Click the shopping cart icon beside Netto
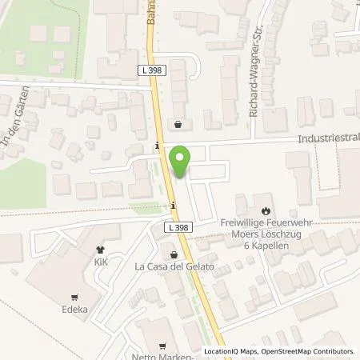point(163,346)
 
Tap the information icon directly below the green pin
point(174,206)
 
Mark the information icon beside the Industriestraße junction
point(158,146)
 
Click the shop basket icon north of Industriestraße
point(178,125)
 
